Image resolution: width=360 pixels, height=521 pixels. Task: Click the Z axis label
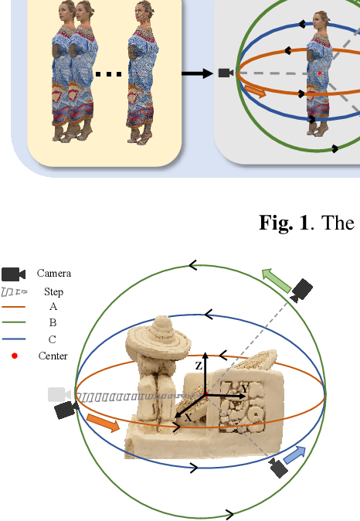pyautogui.click(x=199, y=366)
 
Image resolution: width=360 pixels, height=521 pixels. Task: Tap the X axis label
pyautogui.click(x=188, y=417)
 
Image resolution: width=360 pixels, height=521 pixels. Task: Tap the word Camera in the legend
pyautogui.click(x=54, y=274)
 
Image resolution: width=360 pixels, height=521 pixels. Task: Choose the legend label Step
pyautogui.click(x=54, y=291)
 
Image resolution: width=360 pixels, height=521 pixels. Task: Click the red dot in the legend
pyautogui.click(x=14, y=356)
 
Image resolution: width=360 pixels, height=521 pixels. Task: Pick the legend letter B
pyautogui.click(x=53, y=323)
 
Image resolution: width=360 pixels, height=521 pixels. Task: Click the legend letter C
pyautogui.click(x=53, y=339)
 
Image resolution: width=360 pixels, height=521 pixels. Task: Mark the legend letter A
pyautogui.click(x=53, y=307)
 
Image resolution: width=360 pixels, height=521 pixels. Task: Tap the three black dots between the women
pyautogui.click(x=110, y=74)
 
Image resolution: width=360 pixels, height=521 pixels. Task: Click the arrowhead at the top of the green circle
pyautogui.click(x=192, y=266)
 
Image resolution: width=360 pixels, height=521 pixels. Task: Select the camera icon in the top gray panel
pyautogui.click(x=225, y=73)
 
